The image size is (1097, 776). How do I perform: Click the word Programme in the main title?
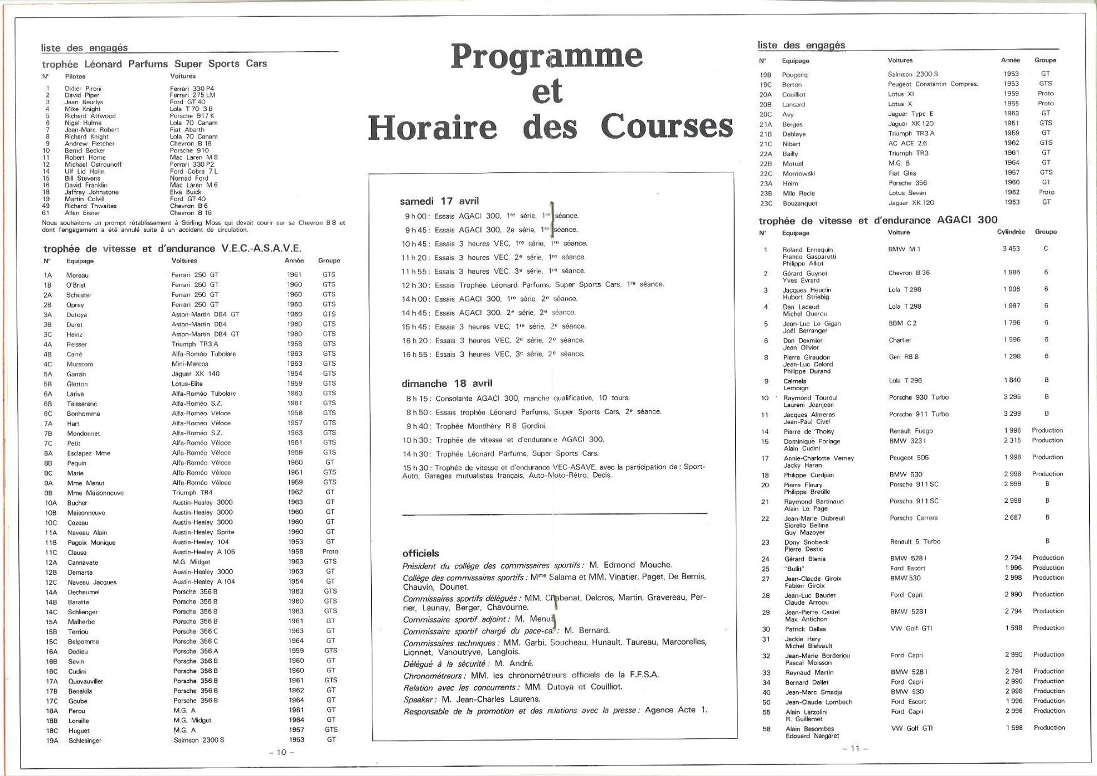pos(546,57)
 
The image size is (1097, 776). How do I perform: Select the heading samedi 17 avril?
pos(439,201)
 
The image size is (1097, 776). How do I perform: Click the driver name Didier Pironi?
pos(83,89)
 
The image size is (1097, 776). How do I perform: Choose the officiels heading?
pos(421,553)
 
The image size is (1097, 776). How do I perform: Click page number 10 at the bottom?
pos(281,752)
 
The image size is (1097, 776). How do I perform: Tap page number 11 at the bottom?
pos(855,748)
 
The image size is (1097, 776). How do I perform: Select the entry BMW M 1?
pos(904,249)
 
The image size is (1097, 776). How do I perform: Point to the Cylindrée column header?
pos(1011,232)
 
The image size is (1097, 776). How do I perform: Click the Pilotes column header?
pos(75,76)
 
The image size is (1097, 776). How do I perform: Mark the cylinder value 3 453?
pos(1011,249)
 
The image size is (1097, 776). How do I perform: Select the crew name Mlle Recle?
pos(798,193)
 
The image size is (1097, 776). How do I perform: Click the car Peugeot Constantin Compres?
pos(932,84)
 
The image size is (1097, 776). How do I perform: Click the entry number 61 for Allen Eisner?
pos(47,213)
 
